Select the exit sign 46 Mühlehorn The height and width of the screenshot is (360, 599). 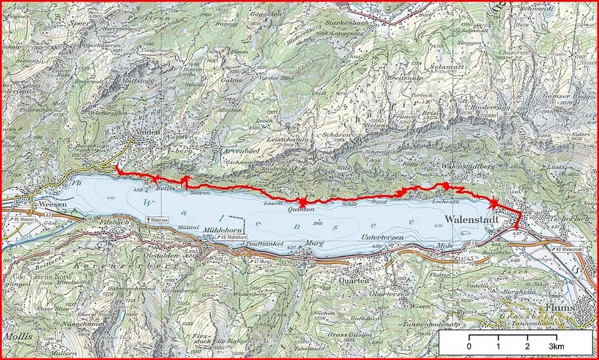click(x=238, y=238)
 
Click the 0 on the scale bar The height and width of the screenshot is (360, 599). click(x=469, y=348)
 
